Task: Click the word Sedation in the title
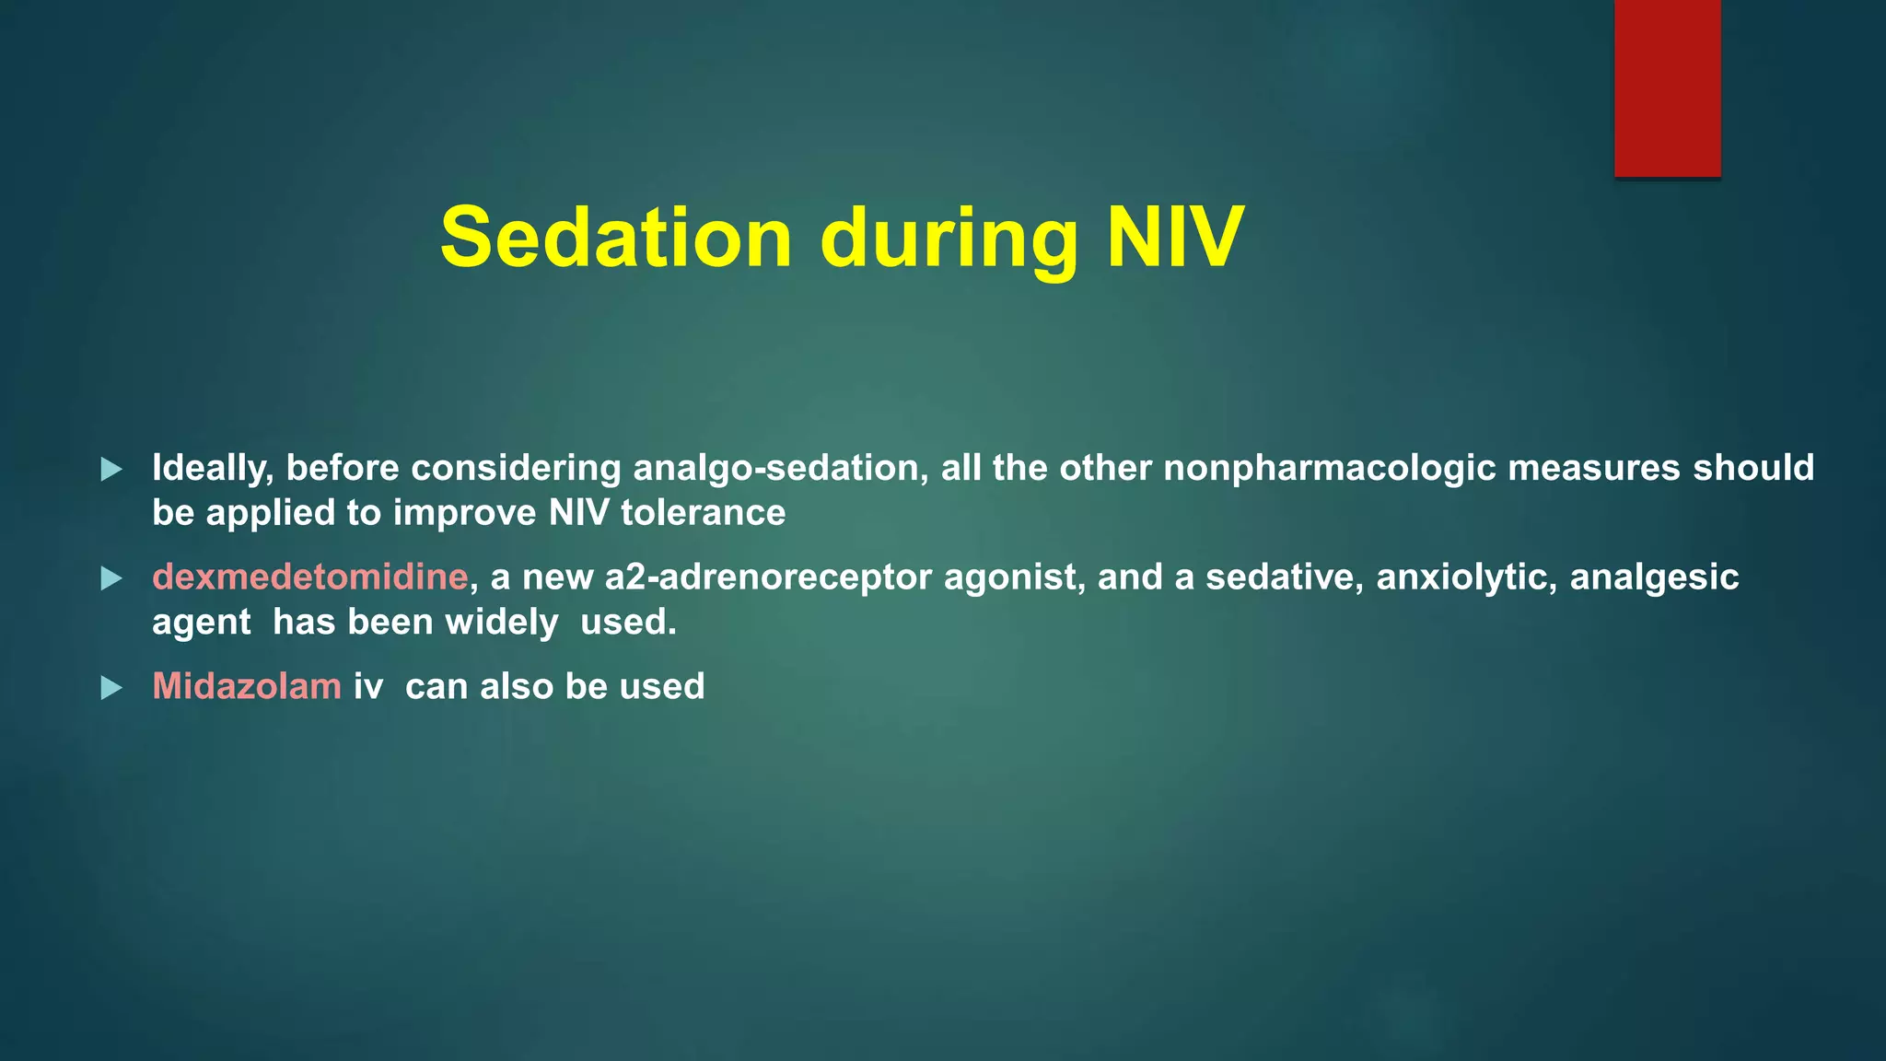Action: [x=615, y=238]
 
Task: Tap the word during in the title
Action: [x=949, y=238]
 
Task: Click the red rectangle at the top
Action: [x=1667, y=87]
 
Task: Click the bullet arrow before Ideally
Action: [x=111, y=469]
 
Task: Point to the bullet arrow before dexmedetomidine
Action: [x=111, y=578]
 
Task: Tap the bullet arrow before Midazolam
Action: [x=111, y=688]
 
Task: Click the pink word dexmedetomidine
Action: [x=310, y=577]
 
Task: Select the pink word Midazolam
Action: [x=246, y=687]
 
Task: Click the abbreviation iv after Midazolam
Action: [x=367, y=687]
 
